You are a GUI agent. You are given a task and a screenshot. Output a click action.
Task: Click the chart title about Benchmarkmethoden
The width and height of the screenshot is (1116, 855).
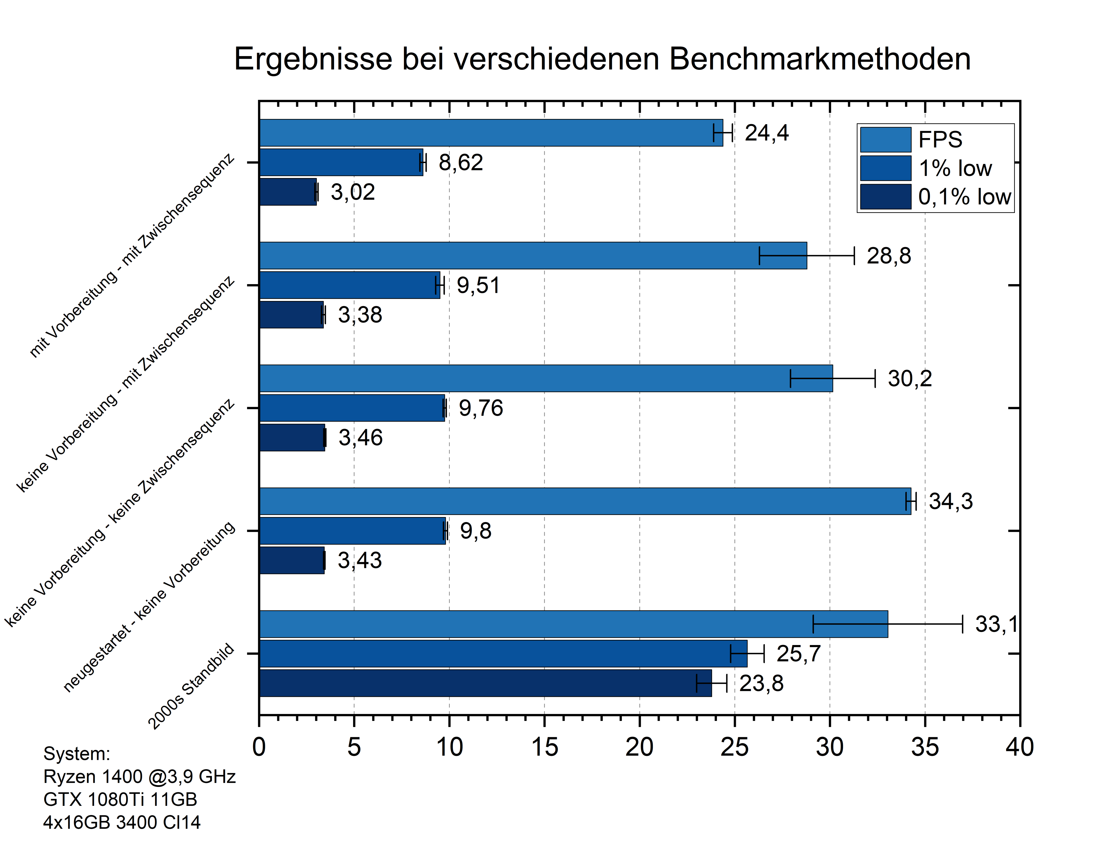pyautogui.click(x=602, y=59)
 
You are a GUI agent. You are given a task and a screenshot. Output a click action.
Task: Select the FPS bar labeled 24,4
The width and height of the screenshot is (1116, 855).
pyautogui.click(x=491, y=133)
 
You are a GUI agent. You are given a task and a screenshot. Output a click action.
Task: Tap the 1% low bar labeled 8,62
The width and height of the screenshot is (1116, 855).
pyautogui.click(x=341, y=162)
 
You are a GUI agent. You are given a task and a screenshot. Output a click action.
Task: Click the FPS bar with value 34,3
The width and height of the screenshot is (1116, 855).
pyautogui.click(x=585, y=501)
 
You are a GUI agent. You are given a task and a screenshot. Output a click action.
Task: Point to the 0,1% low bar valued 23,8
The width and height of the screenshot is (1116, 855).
pyautogui.click(x=485, y=683)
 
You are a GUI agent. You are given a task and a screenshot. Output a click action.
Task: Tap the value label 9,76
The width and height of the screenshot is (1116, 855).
pyautogui.click(x=481, y=408)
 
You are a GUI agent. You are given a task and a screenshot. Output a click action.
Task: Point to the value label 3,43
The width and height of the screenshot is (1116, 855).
pyautogui.click(x=360, y=560)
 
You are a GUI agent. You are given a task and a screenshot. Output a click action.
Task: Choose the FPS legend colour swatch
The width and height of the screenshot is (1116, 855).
pyautogui.click(x=885, y=140)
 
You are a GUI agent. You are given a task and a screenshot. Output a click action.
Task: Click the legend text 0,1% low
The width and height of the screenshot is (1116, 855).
pyautogui.click(x=964, y=197)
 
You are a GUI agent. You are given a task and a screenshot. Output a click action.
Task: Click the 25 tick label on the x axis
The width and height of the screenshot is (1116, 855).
pyautogui.click(x=734, y=747)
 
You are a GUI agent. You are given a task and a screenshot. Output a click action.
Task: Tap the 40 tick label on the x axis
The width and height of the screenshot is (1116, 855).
pyautogui.click(x=1019, y=747)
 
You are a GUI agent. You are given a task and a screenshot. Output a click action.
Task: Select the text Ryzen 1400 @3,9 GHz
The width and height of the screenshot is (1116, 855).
pyautogui.click(x=139, y=776)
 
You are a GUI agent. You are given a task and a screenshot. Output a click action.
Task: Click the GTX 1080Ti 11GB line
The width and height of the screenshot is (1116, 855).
pyautogui.click(x=120, y=799)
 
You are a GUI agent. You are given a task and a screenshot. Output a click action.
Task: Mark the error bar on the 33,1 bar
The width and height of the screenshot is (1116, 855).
pyautogui.click(x=888, y=624)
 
